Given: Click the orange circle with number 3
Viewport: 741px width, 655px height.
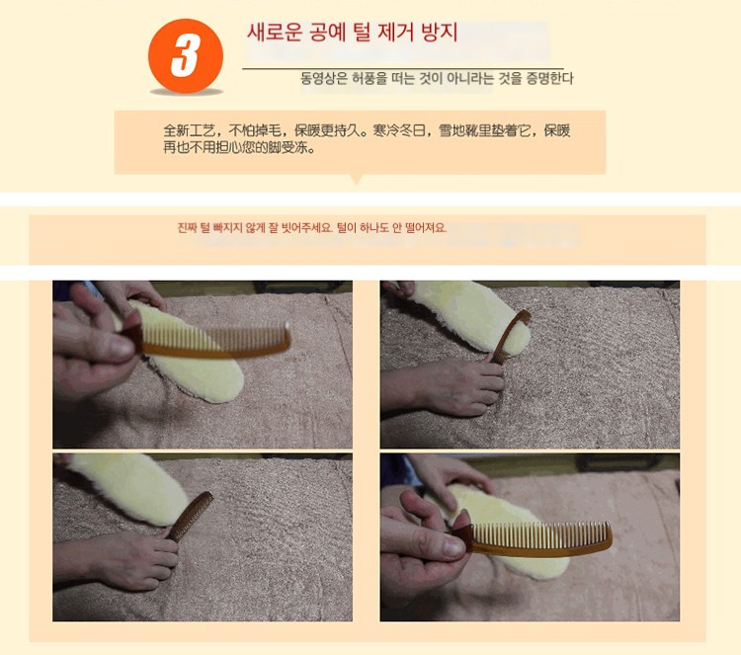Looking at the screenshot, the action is coord(186,55).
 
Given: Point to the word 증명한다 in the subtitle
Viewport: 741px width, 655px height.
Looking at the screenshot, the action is coord(549,78).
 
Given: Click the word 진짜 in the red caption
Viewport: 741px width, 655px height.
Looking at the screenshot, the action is coord(187,228).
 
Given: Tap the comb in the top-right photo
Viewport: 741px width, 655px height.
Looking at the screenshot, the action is coord(510,336).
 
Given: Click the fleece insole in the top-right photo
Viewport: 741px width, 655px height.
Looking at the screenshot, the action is coord(472,316).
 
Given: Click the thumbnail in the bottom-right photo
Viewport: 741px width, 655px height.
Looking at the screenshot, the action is coord(453,547).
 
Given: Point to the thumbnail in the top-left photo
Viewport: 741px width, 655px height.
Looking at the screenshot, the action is coord(122,348).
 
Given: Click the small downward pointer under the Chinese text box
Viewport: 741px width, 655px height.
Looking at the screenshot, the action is coord(358,179).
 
